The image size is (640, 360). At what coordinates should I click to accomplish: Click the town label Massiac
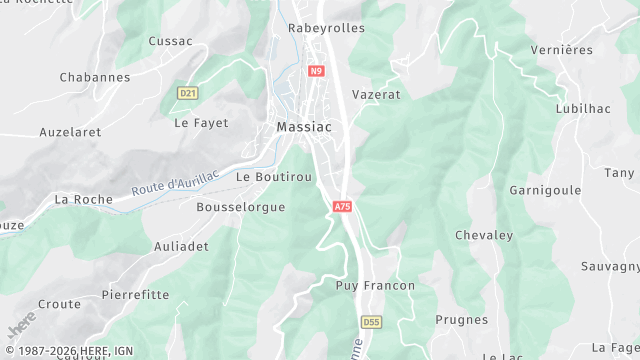pyautogui.click(x=304, y=127)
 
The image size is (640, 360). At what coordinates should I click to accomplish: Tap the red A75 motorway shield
pyautogui.click(x=342, y=206)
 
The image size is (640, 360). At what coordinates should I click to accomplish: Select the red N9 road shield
pyautogui.click(x=316, y=71)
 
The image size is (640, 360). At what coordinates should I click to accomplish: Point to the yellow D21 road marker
pyautogui.click(x=186, y=92)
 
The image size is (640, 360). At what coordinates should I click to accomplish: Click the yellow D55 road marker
pyautogui.click(x=371, y=322)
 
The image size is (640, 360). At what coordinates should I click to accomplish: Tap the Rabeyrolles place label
pyautogui.click(x=326, y=28)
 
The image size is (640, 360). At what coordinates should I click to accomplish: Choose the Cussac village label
pyautogui.click(x=170, y=41)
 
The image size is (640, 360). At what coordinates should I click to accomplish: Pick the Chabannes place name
pyautogui.click(x=95, y=77)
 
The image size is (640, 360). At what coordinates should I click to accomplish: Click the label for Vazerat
pyautogui.click(x=376, y=93)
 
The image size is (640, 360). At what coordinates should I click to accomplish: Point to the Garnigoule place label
pyautogui.click(x=546, y=189)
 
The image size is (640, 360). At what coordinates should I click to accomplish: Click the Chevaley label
pyautogui.click(x=484, y=235)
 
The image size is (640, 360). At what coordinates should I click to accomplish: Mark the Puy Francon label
pyautogui.click(x=375, y=285)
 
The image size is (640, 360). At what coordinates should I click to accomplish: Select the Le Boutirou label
pyautogui.click(x=274, y=176)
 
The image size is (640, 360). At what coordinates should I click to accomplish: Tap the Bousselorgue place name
pyautogui.click(x=241, y=207)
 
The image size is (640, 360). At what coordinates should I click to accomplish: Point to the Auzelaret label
pyautogui.click(x=70, y=131)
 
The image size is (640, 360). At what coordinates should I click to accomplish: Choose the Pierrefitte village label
pyautogui.click(x=135, y=295)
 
